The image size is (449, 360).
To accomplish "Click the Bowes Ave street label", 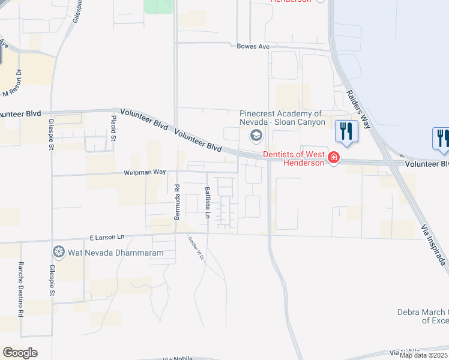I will tap(253, 46).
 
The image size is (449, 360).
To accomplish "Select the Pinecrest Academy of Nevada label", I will tap(282, 118).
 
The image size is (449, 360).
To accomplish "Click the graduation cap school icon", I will tap(256, 136).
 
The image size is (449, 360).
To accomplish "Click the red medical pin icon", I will tap(334, 158).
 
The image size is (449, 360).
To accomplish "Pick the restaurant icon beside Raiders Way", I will tap(346, 131).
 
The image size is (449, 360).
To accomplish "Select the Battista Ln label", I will tap(207, 203).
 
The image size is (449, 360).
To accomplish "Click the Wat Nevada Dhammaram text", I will tap(107, 253).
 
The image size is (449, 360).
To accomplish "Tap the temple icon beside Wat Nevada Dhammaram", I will tap(59, 251).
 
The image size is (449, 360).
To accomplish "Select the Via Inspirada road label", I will tap(435, 241).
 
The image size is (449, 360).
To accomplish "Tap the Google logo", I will tap(20, 352).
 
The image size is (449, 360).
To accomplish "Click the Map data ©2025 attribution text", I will tap(424, 355).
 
